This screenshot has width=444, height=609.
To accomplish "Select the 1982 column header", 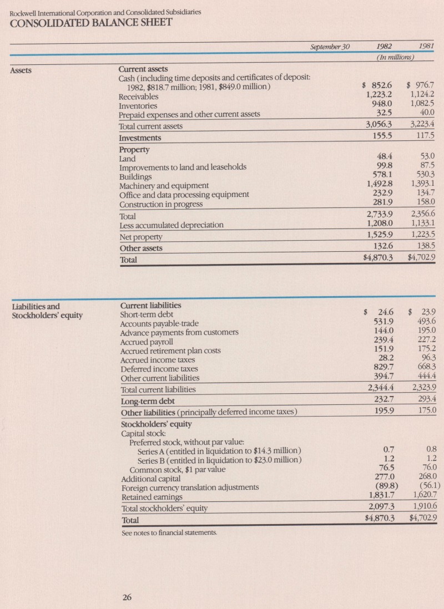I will pos(381,47).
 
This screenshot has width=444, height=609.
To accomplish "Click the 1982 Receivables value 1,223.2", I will pos(377,95).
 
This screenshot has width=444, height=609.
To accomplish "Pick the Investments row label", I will pos(140,138).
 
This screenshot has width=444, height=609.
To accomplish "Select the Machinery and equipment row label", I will pos(164,185).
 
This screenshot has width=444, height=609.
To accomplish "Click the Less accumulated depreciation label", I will pos(171,225).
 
